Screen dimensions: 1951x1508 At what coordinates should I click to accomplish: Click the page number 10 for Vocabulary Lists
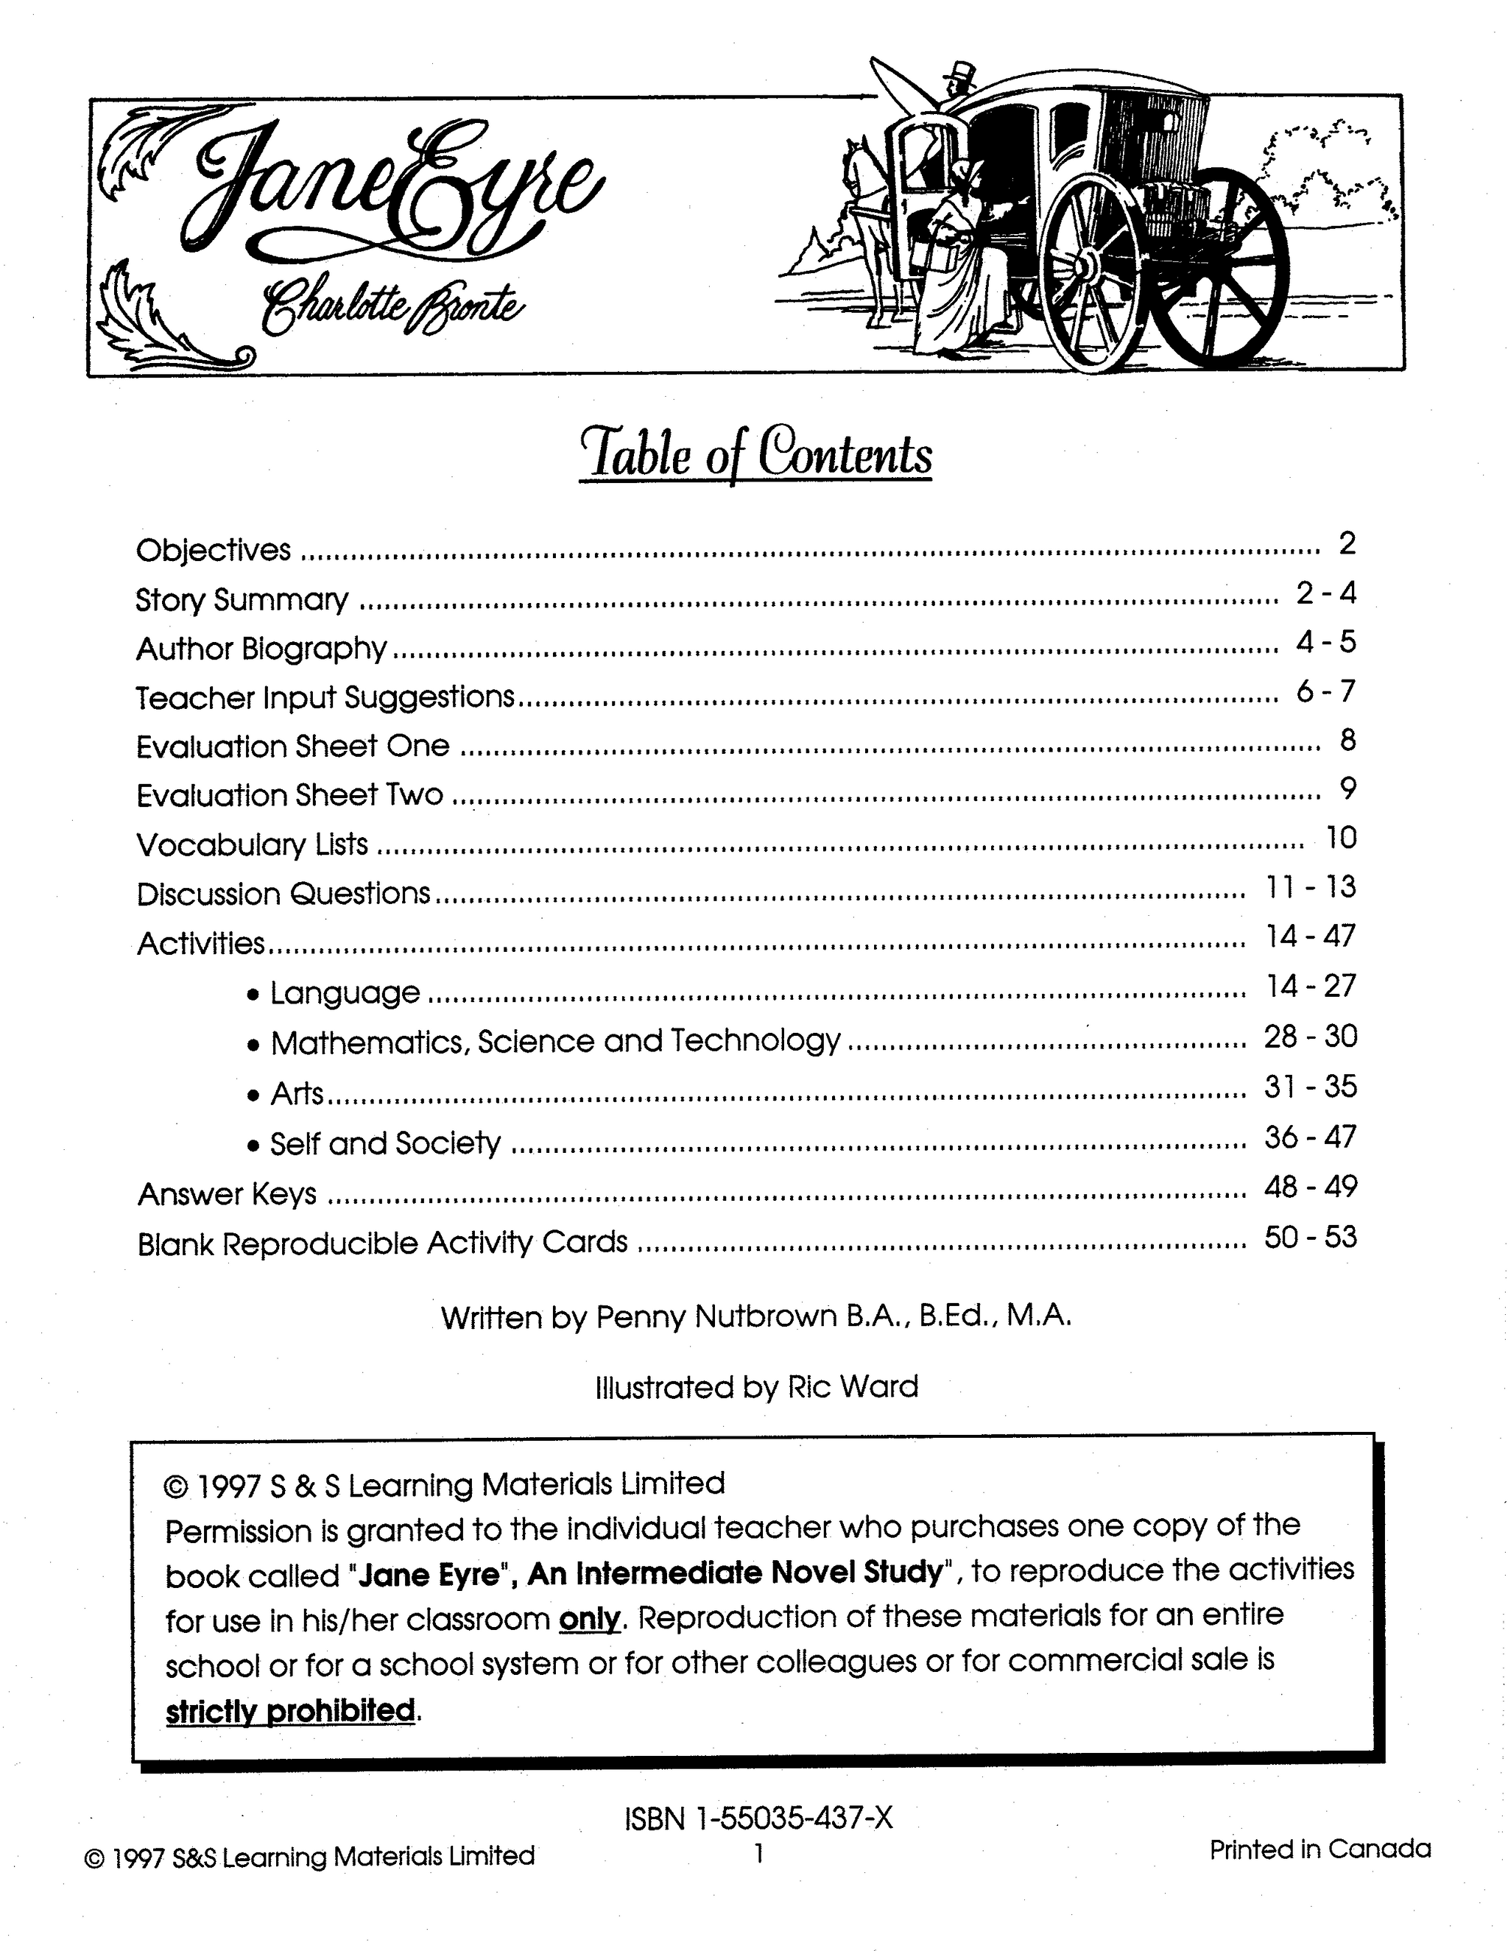(x=1341, y=838)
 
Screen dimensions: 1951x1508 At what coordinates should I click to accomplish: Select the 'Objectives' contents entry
(x=214, y=549)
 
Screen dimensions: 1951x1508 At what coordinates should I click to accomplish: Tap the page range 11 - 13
(x=1311, y=887)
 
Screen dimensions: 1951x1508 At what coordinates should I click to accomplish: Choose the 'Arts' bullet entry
(x=297, y=1093)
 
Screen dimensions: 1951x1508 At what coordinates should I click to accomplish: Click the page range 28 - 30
(x=1311, y=1037)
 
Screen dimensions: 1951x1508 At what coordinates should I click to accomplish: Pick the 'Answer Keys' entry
(x=227, y=1193)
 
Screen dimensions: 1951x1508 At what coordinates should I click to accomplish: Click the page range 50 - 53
(x=1311, y=1238)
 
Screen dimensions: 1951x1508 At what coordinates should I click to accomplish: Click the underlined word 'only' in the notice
(x=589, y=1617)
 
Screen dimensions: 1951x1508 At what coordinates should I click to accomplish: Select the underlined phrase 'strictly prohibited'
(x=290, y=1711)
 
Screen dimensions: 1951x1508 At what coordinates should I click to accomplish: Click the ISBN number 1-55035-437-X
(x=793, y=1817)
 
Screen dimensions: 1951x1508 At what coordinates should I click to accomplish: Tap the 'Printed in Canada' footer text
(x=1319, y=1849)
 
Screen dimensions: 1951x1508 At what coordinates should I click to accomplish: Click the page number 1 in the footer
(x=758, y=1855)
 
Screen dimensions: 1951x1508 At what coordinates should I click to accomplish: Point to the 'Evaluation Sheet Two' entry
(x=289, y=795)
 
